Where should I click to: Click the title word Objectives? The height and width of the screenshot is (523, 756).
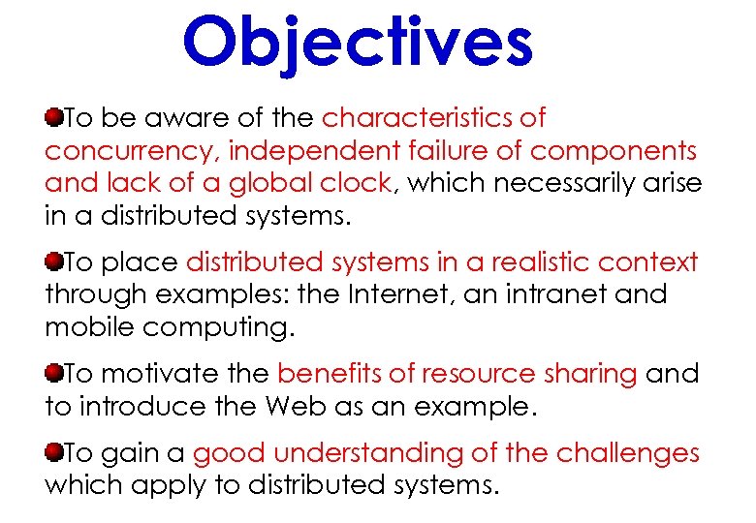(x=358, y=42)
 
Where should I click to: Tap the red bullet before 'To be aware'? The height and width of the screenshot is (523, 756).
(x=53, y=118)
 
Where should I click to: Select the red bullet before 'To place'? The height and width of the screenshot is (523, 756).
(x=53, y=262)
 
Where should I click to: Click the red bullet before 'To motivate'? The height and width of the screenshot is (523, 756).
(x=53, y=373)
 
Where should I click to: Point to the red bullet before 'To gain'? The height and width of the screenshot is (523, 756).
(x=53, y=452)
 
